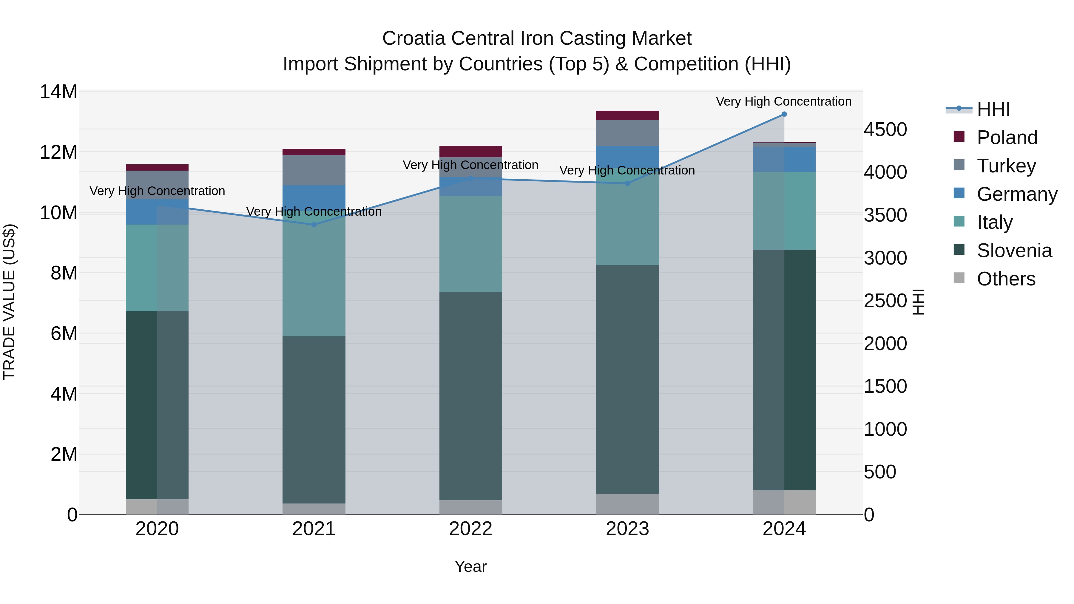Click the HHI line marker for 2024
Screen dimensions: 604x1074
pos(784,114)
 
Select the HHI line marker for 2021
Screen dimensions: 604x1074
pos(314,225)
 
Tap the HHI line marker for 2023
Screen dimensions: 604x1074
pos(627,183)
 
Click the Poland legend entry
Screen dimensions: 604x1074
pos(1007,138)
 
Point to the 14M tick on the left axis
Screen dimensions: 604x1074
pos(58,92)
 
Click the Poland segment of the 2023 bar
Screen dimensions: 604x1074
pos(627,115)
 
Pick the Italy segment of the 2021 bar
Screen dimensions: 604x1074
pos(314,275)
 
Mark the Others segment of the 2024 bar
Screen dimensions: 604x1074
pos(784,502)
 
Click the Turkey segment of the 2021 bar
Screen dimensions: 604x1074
pos(314,170)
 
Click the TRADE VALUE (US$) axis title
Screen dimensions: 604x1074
pos(9,302)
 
